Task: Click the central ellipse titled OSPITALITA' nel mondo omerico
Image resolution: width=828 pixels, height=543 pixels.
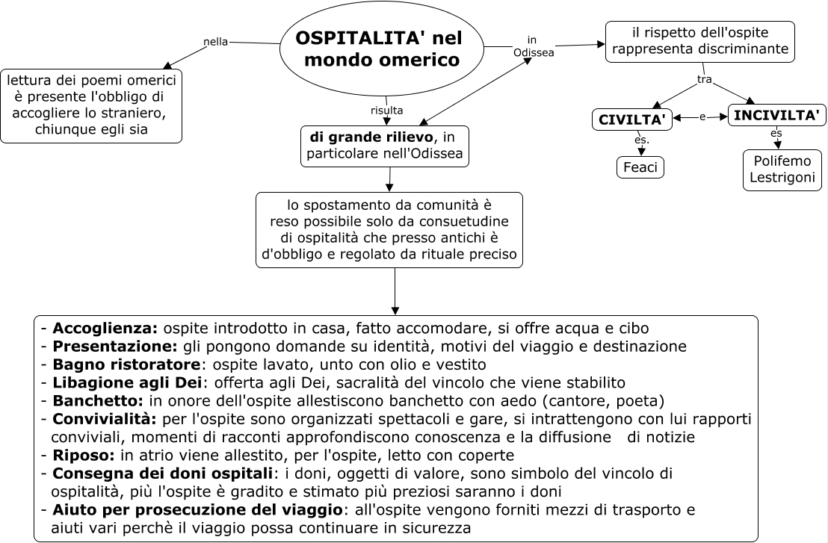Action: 381,48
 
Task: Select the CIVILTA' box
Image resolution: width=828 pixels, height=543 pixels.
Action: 631,120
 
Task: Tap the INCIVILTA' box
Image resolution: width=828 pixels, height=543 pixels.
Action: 776,115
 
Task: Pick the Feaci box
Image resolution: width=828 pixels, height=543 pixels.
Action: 640,167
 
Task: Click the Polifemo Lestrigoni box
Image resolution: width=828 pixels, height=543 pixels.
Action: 782,170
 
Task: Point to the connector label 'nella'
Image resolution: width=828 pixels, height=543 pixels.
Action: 216,42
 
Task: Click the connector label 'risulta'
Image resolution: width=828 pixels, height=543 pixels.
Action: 386,111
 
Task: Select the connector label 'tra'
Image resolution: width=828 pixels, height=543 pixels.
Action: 704,79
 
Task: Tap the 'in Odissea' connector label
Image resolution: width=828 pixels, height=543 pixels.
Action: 533,46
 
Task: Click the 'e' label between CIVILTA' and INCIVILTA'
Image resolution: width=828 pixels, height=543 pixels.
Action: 702,117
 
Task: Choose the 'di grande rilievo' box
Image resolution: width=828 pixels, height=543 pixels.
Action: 385,146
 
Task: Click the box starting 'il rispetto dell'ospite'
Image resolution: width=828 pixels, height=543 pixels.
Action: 699,41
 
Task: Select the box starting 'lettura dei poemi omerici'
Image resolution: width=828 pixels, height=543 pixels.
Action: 91,105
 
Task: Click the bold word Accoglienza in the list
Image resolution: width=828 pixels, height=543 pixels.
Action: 105,328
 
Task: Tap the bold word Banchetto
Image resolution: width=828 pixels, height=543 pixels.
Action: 98,401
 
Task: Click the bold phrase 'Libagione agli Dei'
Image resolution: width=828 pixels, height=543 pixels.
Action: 127,383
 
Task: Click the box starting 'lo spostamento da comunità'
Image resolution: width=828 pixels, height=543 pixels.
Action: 389,229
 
